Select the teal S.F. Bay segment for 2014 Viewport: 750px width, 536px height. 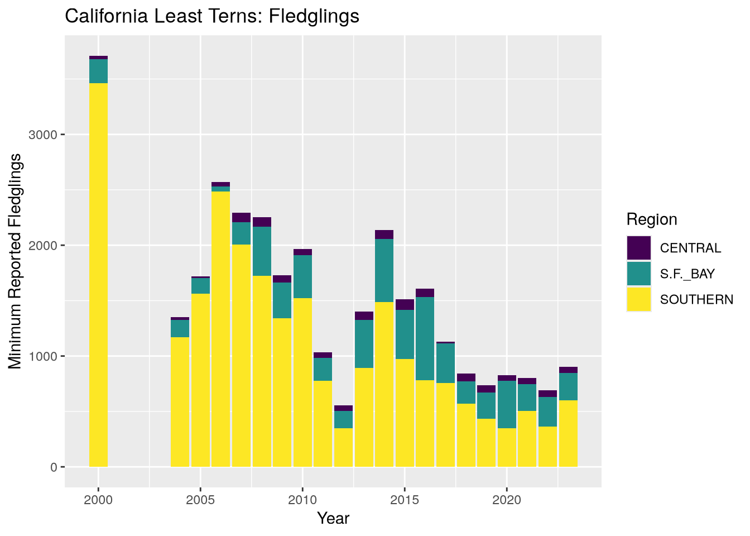384,270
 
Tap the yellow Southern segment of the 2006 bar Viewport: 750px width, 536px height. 220,329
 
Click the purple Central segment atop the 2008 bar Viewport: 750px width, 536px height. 262,222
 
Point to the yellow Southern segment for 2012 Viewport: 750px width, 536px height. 343,447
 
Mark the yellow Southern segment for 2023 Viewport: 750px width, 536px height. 568,433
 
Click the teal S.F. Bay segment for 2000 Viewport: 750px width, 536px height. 98,71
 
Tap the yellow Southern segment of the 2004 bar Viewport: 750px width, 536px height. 180,401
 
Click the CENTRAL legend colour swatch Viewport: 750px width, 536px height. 638,248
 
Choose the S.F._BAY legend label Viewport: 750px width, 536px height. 687,274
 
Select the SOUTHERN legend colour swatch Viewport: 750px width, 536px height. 638,299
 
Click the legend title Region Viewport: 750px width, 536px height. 651,219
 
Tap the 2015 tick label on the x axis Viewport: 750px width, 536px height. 405,499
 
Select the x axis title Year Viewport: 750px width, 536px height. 333,519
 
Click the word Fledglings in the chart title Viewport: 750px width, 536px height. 314,16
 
